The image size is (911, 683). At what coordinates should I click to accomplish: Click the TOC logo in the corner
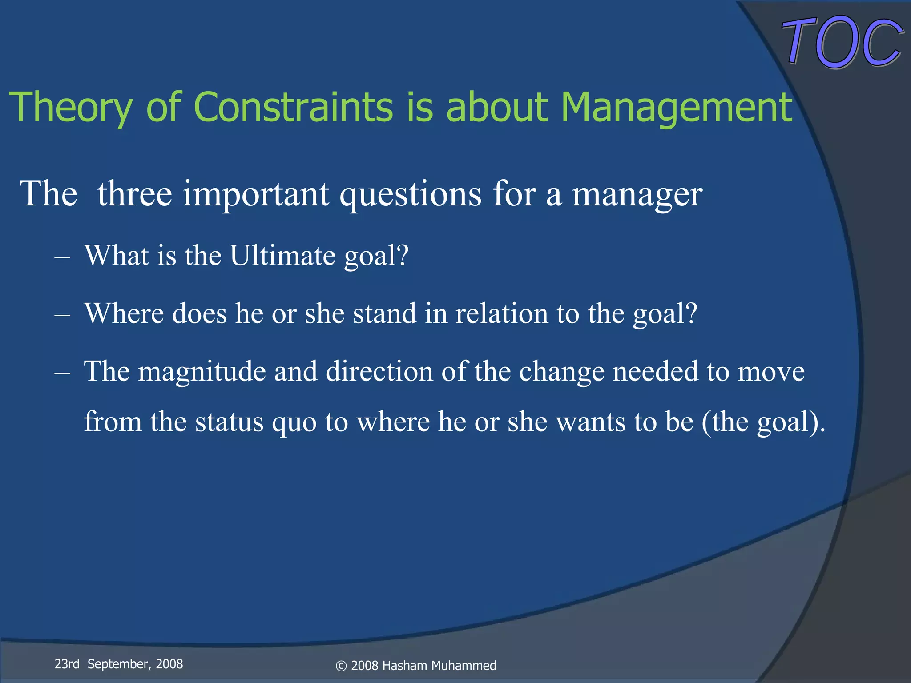click(842, 42)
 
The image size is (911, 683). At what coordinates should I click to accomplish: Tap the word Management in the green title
click(676, 108)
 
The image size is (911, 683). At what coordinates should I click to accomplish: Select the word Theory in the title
click(70, 108)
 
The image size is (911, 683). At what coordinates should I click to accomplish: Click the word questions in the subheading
click(410, 195)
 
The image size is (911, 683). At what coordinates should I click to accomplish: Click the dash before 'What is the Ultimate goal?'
click(62, 257)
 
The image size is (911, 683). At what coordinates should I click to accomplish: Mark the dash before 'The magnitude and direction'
click(62, 373)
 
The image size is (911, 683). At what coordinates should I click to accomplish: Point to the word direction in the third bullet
click(379, 371)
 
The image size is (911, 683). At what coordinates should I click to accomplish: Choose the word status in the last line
click(229, 422)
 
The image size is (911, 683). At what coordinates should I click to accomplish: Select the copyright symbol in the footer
click(341, 666)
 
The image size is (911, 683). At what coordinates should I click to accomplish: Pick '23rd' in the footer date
click(67, 664)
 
